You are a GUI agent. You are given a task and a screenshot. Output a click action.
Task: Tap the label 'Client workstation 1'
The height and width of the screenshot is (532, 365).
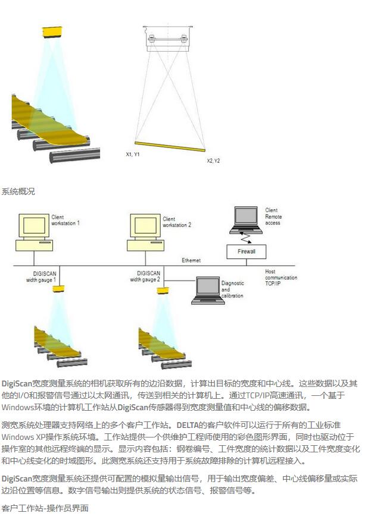pos(65,221)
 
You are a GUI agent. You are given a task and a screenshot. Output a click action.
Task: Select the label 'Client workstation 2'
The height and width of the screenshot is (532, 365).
pos(177,222)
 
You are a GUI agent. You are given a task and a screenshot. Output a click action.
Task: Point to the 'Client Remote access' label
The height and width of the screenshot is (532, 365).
pos(273,217)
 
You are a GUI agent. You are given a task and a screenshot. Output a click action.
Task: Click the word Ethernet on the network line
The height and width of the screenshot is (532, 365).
pos(191,260)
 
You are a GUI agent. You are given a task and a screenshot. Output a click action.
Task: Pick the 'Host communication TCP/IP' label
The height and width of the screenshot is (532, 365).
pos(280,278)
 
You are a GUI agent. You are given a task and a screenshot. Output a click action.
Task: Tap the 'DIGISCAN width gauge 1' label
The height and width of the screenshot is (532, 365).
pos(44,276)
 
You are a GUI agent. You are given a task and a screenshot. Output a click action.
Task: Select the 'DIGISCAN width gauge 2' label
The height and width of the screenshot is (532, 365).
pos(145,276)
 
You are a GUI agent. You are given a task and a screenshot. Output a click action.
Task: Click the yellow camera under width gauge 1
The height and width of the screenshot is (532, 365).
pos(58,289)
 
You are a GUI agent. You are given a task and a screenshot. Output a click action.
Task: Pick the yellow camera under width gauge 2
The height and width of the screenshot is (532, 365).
pos(163,290)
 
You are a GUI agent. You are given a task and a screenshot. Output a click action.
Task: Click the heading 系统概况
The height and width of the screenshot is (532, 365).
pos(18,191)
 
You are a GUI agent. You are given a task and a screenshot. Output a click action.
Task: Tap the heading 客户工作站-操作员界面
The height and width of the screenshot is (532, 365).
pos(45,508)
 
